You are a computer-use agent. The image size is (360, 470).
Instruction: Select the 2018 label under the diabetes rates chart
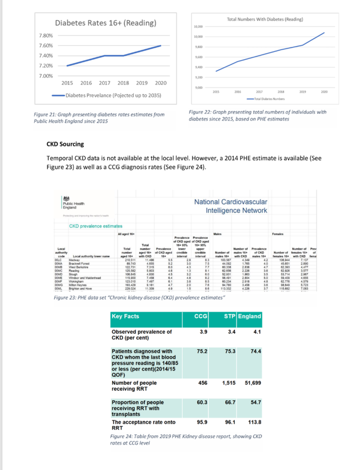pyautogui.click(x=123, y=83)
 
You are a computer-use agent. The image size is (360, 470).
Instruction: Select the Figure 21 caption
pyautogui.click(x=99, y=117)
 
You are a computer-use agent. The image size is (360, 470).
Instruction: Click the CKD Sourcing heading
pyautogui.click(x=65, y=144)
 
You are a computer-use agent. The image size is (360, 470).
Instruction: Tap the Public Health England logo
pyautogui.click(x=73, y=203)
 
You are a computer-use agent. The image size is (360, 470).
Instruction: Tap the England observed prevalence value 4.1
pyautogui.click(x=256, y=332)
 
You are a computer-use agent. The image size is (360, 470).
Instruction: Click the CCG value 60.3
pyautogui.click(x=202, y=402)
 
